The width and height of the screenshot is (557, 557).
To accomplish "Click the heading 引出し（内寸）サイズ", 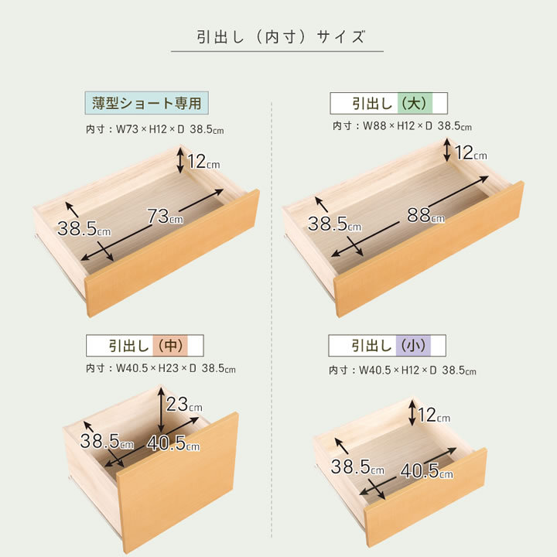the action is pyautogui.click(x=281, y=37).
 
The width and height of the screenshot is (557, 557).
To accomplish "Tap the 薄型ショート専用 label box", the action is pyautogui.click(x=147, y=103).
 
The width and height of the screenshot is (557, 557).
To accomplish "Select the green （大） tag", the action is pyautogui.click(x=415, y=104).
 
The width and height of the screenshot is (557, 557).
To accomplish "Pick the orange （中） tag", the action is pyautogui.click(x=170, y=346).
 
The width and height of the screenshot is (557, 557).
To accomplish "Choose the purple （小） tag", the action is pyautogui.click(x=413, y=346).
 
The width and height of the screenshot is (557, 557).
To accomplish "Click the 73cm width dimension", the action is pyautogui.click(x=166, y=216).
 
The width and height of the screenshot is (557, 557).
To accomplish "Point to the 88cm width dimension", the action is pyautogui.click(x=425, y=215).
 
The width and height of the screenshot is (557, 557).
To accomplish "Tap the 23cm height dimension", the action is pyautogui.click(x=184, y=405).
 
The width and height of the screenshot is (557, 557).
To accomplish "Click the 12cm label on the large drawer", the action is pyautogui.click(x=471, y=152).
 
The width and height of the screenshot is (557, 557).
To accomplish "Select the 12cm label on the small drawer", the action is pyautogui.click(x=434, y=415).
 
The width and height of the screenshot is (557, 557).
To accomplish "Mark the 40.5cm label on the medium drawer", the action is pyautogui.click(x=173, y=443).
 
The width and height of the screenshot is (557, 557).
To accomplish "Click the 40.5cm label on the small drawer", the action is pyautogui.click(x=426, y=471).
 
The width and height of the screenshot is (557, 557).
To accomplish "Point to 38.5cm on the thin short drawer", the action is pyautogui.click(x=84, y=228).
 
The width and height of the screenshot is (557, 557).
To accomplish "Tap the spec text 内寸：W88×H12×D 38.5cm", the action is pyautogui.click(x=402, y=126).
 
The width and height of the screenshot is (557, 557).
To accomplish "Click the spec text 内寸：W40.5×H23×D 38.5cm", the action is pyautogui.click(x=161, y=368).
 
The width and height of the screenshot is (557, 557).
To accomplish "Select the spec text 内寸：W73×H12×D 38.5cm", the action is pyautogui.click(x=155, y=129).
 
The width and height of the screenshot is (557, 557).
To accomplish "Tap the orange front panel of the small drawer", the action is pyautogui.click(x=425, y=497).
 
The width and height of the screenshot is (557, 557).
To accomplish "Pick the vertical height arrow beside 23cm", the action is pyautogui.click(x=161, y=409).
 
